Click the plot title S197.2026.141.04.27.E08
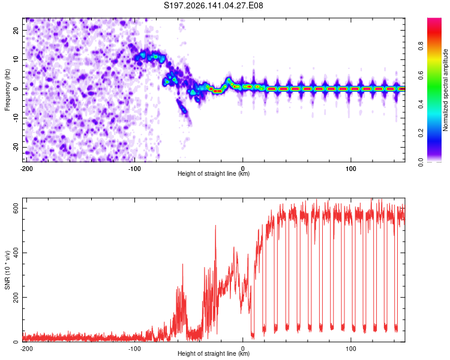click(213, 5)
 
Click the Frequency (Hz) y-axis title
click(7, 90)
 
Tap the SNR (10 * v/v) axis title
click(7, 270)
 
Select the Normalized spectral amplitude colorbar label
click(445, 90)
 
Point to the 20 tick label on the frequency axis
click(16, 31)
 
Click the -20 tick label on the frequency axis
click(16, 147)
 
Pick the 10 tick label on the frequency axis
click(16, 60)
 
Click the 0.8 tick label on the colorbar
click(421, 46)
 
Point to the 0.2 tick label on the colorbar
click(421, 133)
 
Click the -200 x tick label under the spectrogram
click(26, 169)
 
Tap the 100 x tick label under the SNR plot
click(351, 349)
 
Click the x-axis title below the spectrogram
click(214, 173)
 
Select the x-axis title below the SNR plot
click(214, 353)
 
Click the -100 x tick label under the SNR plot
click(134, 349)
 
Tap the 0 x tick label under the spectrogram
click(243, 169)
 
